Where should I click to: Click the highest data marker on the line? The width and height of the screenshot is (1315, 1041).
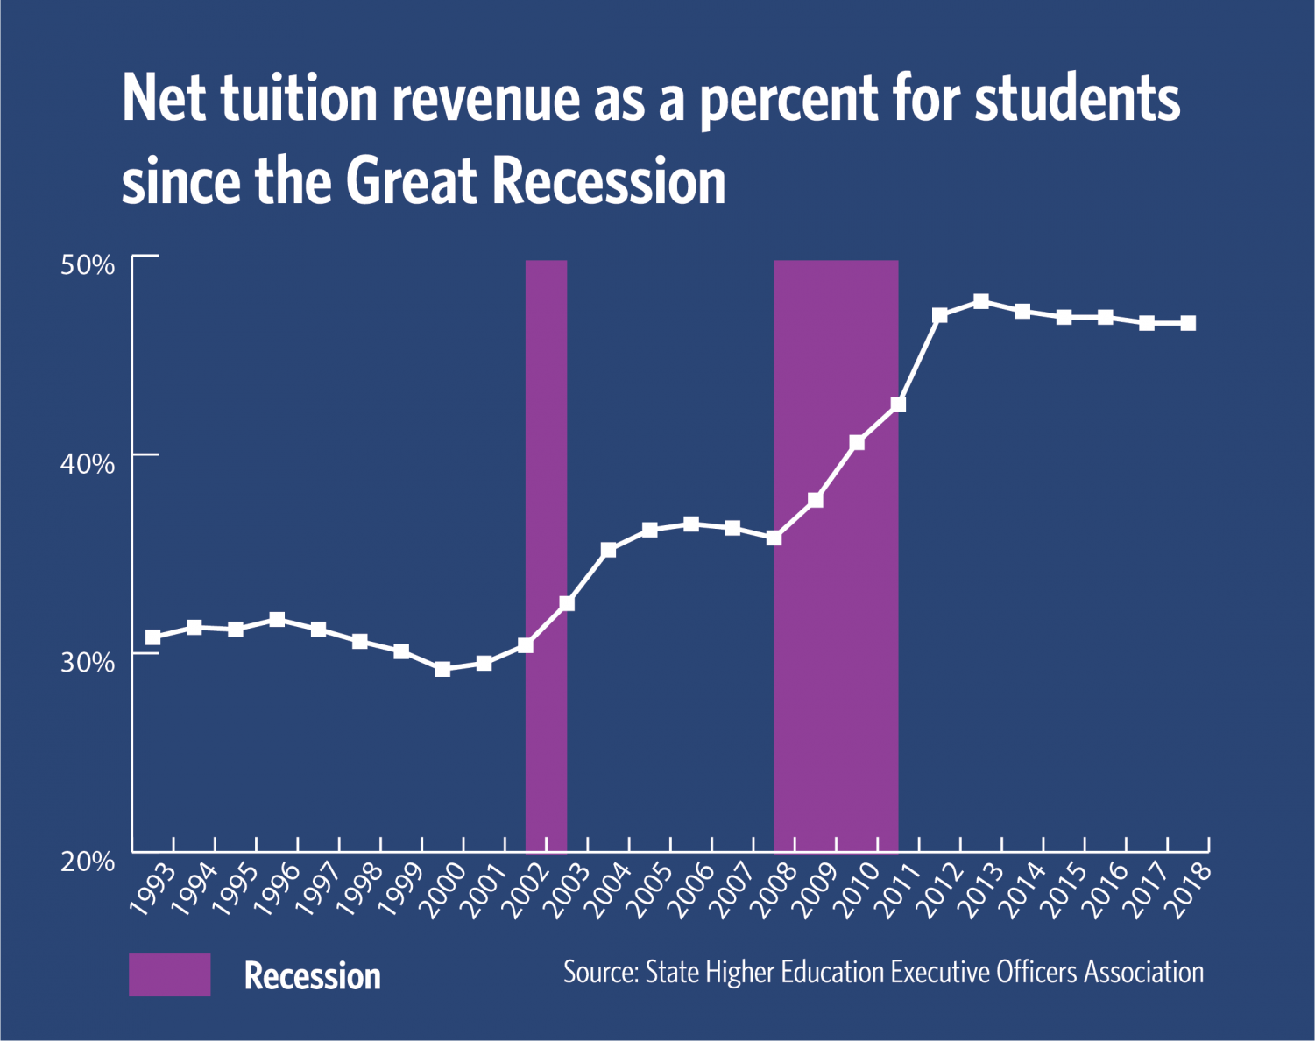click(x=981, y=301)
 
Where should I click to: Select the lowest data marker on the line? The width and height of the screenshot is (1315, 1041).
click(x=442, y=669)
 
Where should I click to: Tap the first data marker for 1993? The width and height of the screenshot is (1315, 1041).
click(x=153, y=637)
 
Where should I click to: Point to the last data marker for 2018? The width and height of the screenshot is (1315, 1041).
click(x=1188, y=323)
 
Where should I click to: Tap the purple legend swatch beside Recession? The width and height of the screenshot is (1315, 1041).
click(x=170, y=974)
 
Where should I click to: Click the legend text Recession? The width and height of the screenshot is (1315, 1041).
click(x=312, y=976)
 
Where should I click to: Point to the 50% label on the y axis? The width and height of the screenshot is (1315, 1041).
click(x=88, y=265)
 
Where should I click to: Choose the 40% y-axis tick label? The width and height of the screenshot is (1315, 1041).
click(x=88, y=464)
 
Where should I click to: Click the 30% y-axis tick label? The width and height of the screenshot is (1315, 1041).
click(x=88, y=663)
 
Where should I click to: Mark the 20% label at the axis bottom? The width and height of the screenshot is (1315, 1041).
click(x=88, y=862)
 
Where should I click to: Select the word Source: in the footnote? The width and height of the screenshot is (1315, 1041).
click(x=601, y=973)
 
